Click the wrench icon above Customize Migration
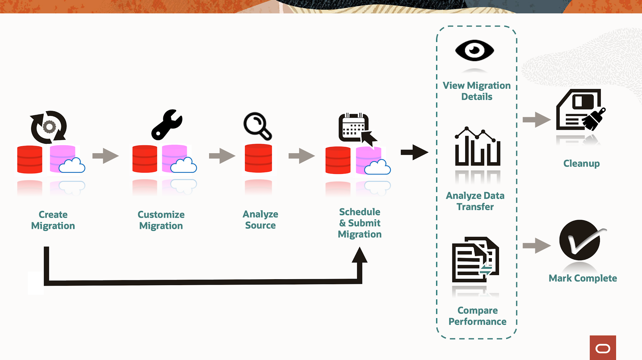[166, 125]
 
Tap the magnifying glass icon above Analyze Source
[257, 126]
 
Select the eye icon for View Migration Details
[474, 50]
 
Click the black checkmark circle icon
[580, 240]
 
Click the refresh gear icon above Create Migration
[49, 127]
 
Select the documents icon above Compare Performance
[475, 259]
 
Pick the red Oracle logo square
[603, 348]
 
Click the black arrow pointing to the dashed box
[414, 152]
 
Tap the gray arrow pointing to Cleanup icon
[536, 119]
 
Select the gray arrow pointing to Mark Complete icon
[536, 245]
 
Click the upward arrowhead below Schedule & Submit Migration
[360, 255]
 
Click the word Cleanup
[581, 163]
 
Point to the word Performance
[477, 321]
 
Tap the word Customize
[161, 215]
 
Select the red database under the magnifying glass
[258, 158]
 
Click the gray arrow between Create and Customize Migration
[105, 156]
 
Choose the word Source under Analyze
[260, 225]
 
